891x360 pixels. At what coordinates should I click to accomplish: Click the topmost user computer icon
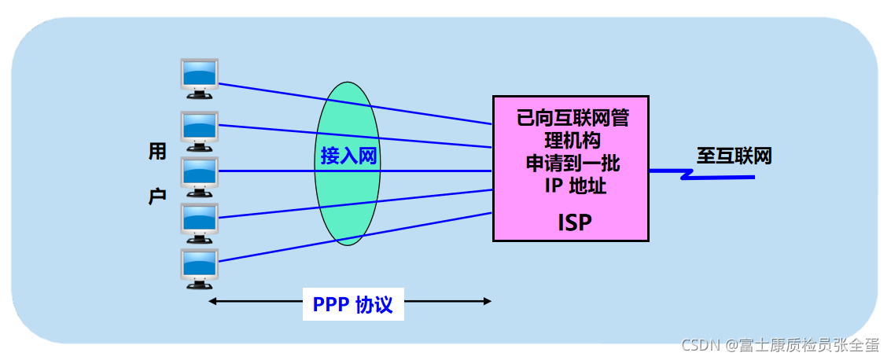coord(199,79)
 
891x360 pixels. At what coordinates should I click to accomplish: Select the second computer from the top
coord(199,130)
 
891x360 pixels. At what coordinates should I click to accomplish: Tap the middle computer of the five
coord(199,176)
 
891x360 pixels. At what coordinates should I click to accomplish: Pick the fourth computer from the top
coord(199,222)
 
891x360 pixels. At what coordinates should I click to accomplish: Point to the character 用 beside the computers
coord(157,152)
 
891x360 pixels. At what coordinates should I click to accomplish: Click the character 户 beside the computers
coord(157,196)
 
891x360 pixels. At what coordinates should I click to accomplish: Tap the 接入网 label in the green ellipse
coord(348,156)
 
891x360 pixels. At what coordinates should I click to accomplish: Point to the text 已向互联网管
coord(572,119)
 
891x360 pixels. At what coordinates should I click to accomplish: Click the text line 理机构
coord(572,141)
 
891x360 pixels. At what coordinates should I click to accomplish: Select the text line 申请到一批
coord(572,164)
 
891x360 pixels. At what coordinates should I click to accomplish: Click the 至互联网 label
coord(734,156)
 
